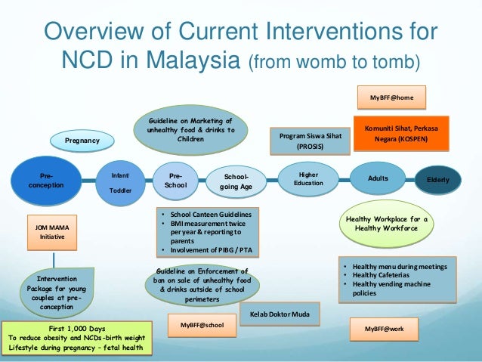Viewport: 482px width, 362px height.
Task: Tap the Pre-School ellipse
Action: coord(175,179)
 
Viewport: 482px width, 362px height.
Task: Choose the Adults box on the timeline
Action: coord(378,178)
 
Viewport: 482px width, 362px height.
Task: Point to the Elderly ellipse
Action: coord(437,180)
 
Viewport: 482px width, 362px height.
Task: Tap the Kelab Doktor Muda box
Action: coord(279,313)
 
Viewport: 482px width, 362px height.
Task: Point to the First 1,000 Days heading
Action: coord(76,328)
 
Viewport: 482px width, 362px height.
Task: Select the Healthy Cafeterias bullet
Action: coord(376,276)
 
